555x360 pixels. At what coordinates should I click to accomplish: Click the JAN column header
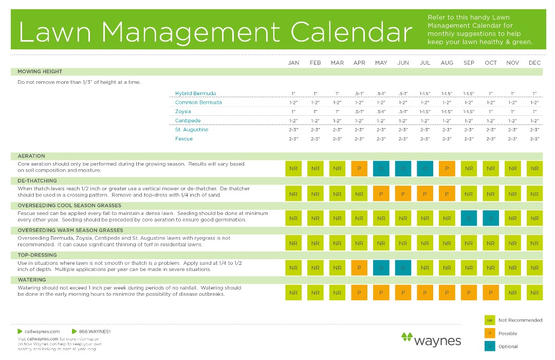coord(293,63)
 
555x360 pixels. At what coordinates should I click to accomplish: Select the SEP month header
coord(469,63)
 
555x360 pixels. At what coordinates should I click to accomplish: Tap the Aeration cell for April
coord(359,168)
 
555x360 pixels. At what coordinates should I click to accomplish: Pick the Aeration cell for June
coord(403,168)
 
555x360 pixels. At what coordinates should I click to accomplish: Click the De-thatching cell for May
coord(381,193)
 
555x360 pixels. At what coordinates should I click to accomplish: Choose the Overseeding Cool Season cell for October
coord(491,218)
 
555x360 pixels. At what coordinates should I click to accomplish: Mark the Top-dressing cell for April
coord(359,267)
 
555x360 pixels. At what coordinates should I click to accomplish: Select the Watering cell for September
coord(469,293)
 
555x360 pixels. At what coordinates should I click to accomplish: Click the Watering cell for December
coord(534,293)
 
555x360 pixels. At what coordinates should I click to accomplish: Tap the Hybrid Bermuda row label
coord(195,94)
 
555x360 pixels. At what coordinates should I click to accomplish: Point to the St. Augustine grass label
coord(192,130)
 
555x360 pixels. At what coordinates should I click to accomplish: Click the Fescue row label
coord(184,139)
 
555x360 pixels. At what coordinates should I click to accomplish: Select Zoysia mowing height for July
coord(425,112)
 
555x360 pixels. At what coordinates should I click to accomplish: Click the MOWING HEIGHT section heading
coord(40,71)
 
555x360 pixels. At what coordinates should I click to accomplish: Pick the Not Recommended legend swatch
coord(490,320)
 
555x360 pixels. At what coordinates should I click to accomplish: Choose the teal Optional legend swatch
coord(490,347)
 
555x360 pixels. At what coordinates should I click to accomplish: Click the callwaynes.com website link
coord(42,332)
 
